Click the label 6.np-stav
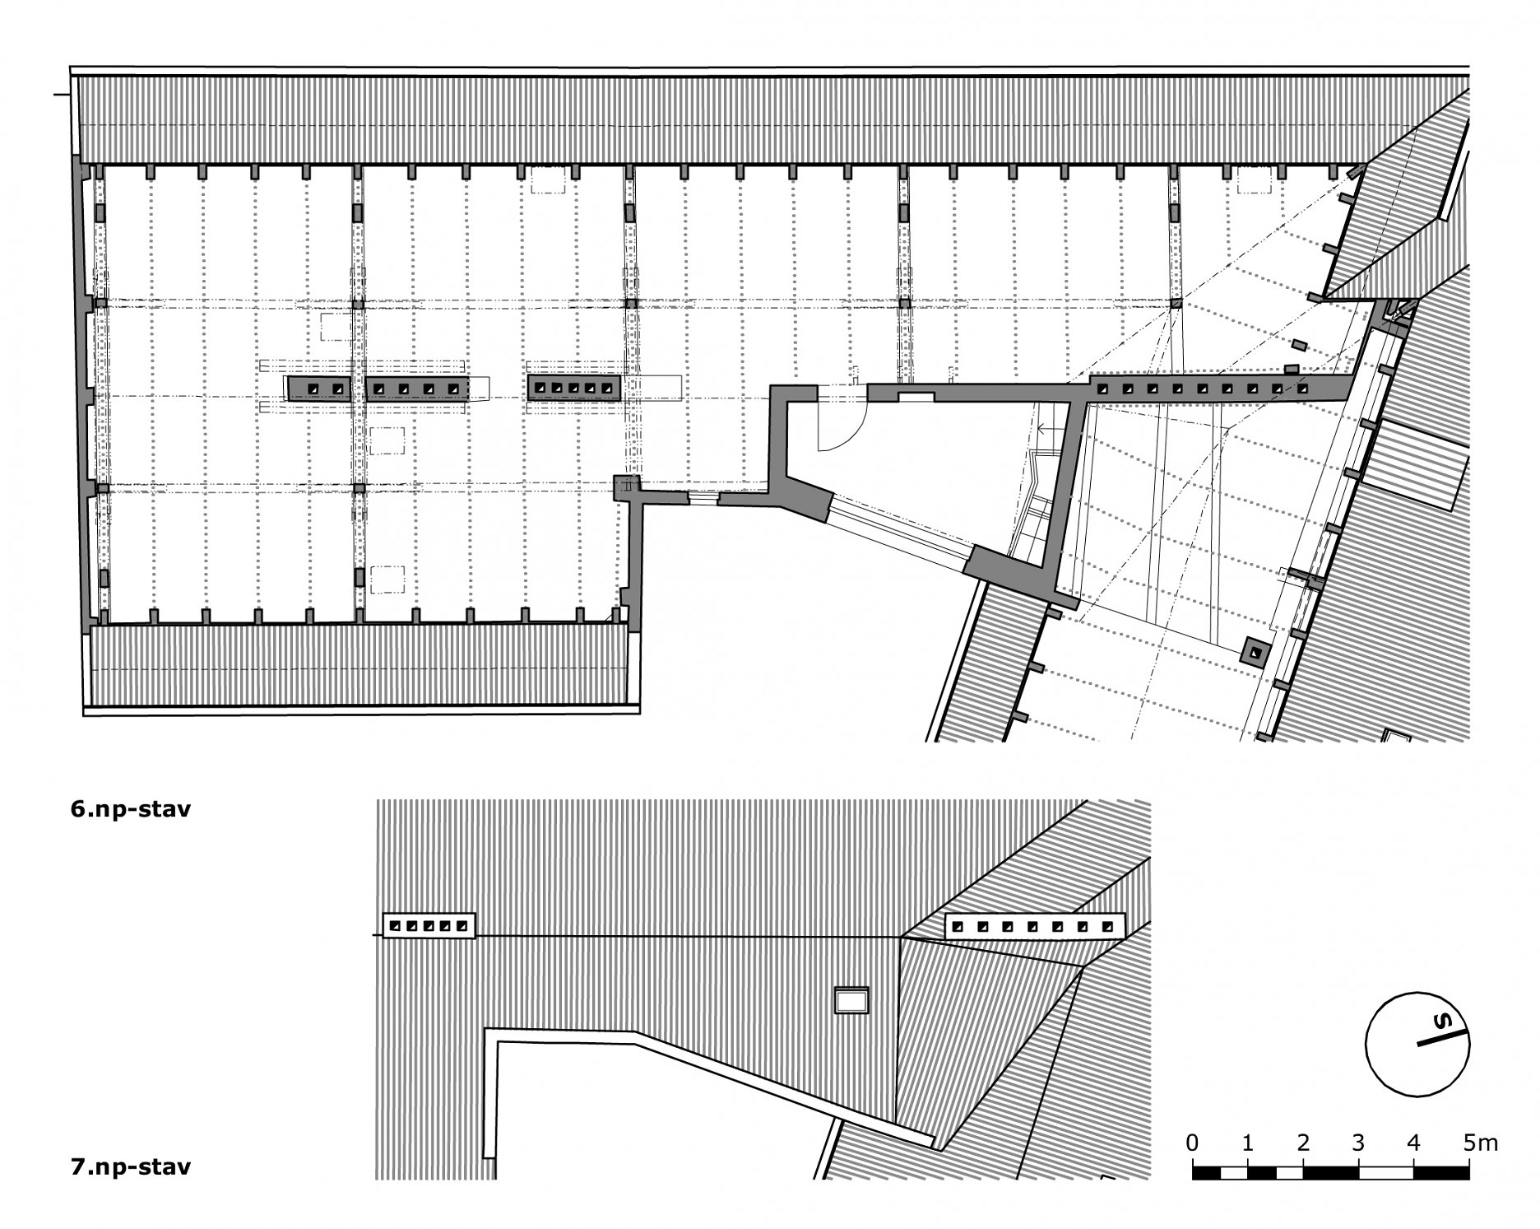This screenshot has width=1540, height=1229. [131, 809]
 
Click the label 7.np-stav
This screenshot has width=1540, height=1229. [131, 1166]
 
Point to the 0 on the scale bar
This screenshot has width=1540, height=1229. [1192, 1143]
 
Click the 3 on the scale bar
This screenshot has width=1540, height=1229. [1358, 1143]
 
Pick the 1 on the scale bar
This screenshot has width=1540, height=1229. [1248, 1143]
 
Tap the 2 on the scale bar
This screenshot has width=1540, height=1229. [1303, 1143]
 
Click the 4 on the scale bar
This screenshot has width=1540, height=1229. [1413, 1143]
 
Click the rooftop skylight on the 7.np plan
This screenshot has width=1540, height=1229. [851, 1000]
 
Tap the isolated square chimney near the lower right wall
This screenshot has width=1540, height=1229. [1255, 651]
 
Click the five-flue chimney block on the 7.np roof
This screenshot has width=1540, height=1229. [429, 925]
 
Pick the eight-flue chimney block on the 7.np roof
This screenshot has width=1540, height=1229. [1034, 926]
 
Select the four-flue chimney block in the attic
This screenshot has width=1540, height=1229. [417, 389]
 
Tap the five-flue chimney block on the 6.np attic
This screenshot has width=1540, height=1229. [574, 388]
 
